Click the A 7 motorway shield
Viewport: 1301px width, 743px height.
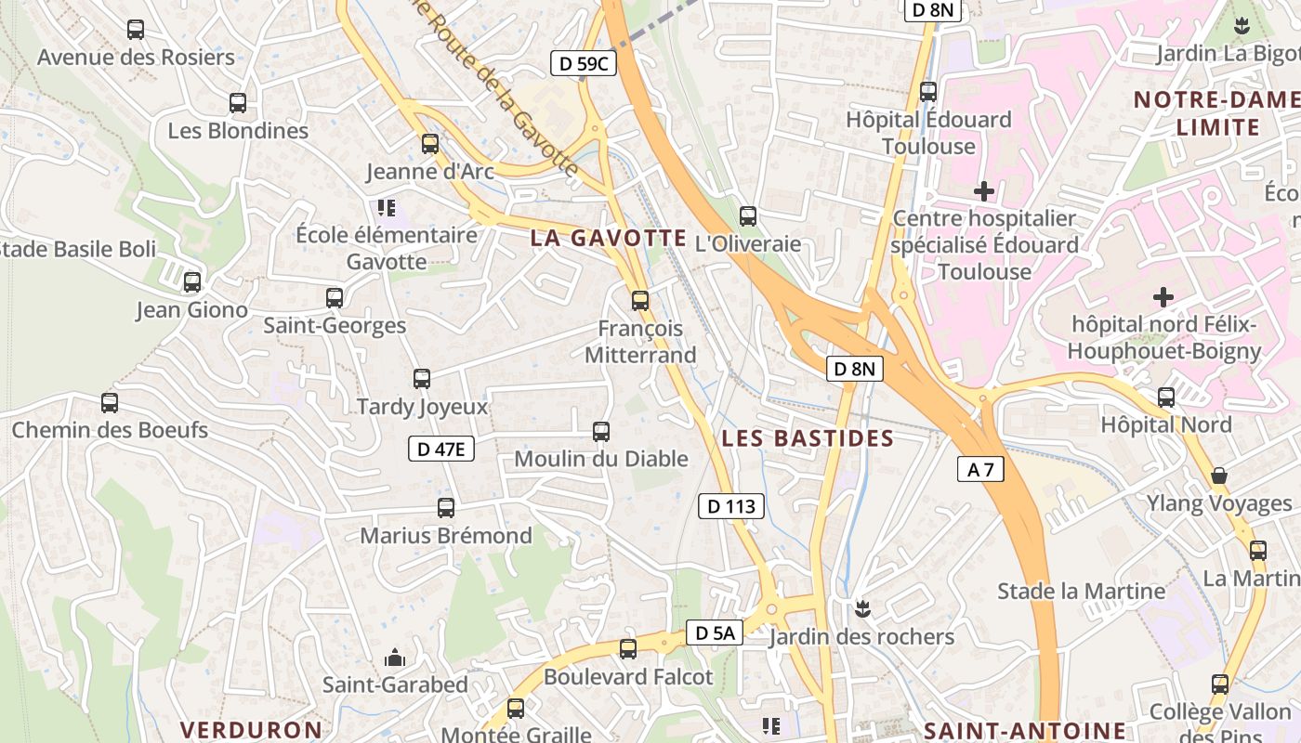click(980, 470)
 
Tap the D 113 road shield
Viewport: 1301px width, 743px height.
click(731, 506)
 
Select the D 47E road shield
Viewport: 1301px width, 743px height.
click(441, 450)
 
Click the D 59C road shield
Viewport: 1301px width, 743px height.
click(584, 63)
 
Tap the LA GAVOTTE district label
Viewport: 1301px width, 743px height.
click(608, 238)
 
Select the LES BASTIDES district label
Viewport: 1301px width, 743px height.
click(808, 438)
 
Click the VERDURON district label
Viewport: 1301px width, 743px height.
click(251, 730)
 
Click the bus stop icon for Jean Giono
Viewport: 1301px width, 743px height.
click(192, 282)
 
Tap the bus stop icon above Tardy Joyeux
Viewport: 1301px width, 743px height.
click(422, 379)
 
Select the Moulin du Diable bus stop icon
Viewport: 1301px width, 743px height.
click(601, 432)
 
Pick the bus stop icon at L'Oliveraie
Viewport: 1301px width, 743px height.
click(748, 216)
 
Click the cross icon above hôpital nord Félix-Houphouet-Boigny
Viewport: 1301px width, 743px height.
click(1163, 297)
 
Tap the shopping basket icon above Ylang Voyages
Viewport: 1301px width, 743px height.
click(1219, 476)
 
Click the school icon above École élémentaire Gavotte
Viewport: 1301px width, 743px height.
click(386, 207)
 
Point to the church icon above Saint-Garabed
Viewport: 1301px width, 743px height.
click(395, 658)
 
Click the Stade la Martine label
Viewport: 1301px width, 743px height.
click(1081, 591)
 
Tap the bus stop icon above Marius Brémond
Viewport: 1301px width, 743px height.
click(446, 508)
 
